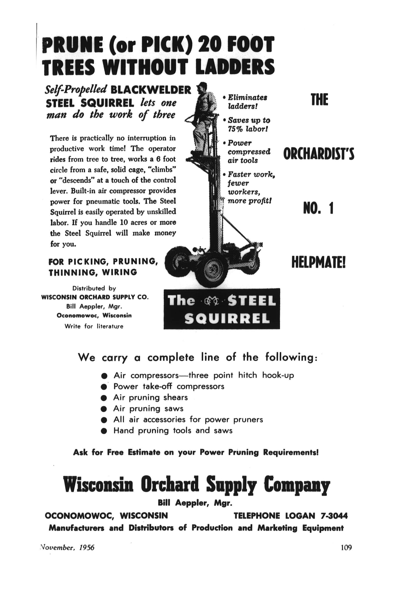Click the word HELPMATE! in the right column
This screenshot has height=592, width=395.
coord(318,263)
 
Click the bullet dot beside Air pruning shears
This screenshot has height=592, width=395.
coord(104,398)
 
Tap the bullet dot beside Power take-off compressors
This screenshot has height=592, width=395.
coord(104,387)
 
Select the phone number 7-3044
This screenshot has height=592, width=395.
coord(334,516)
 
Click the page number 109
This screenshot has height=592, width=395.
coord(346,547)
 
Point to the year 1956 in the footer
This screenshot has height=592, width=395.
coord(86,548)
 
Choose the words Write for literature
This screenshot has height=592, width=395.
coord(94,326)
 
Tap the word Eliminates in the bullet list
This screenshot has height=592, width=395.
coord(247,97)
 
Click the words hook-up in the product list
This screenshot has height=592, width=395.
coord(278,375)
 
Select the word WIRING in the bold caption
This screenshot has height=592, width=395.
coord(120,272)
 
